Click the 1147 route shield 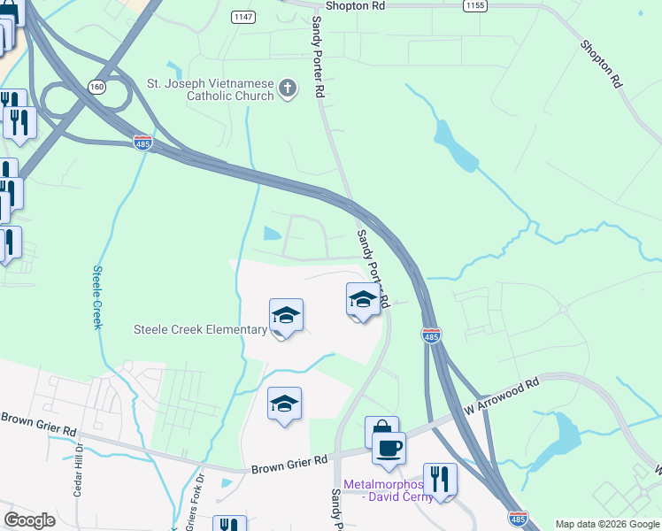tap(242, 17)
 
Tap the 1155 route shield tap(473, 5)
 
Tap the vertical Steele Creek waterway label tap(97, 297)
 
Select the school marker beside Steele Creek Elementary tap(286, 316)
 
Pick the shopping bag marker tap(381, 431)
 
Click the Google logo tap(29, 520)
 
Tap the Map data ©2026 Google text tap(607, 524)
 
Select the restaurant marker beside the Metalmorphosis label tap(439, 480)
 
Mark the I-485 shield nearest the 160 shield tap(142, 142)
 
